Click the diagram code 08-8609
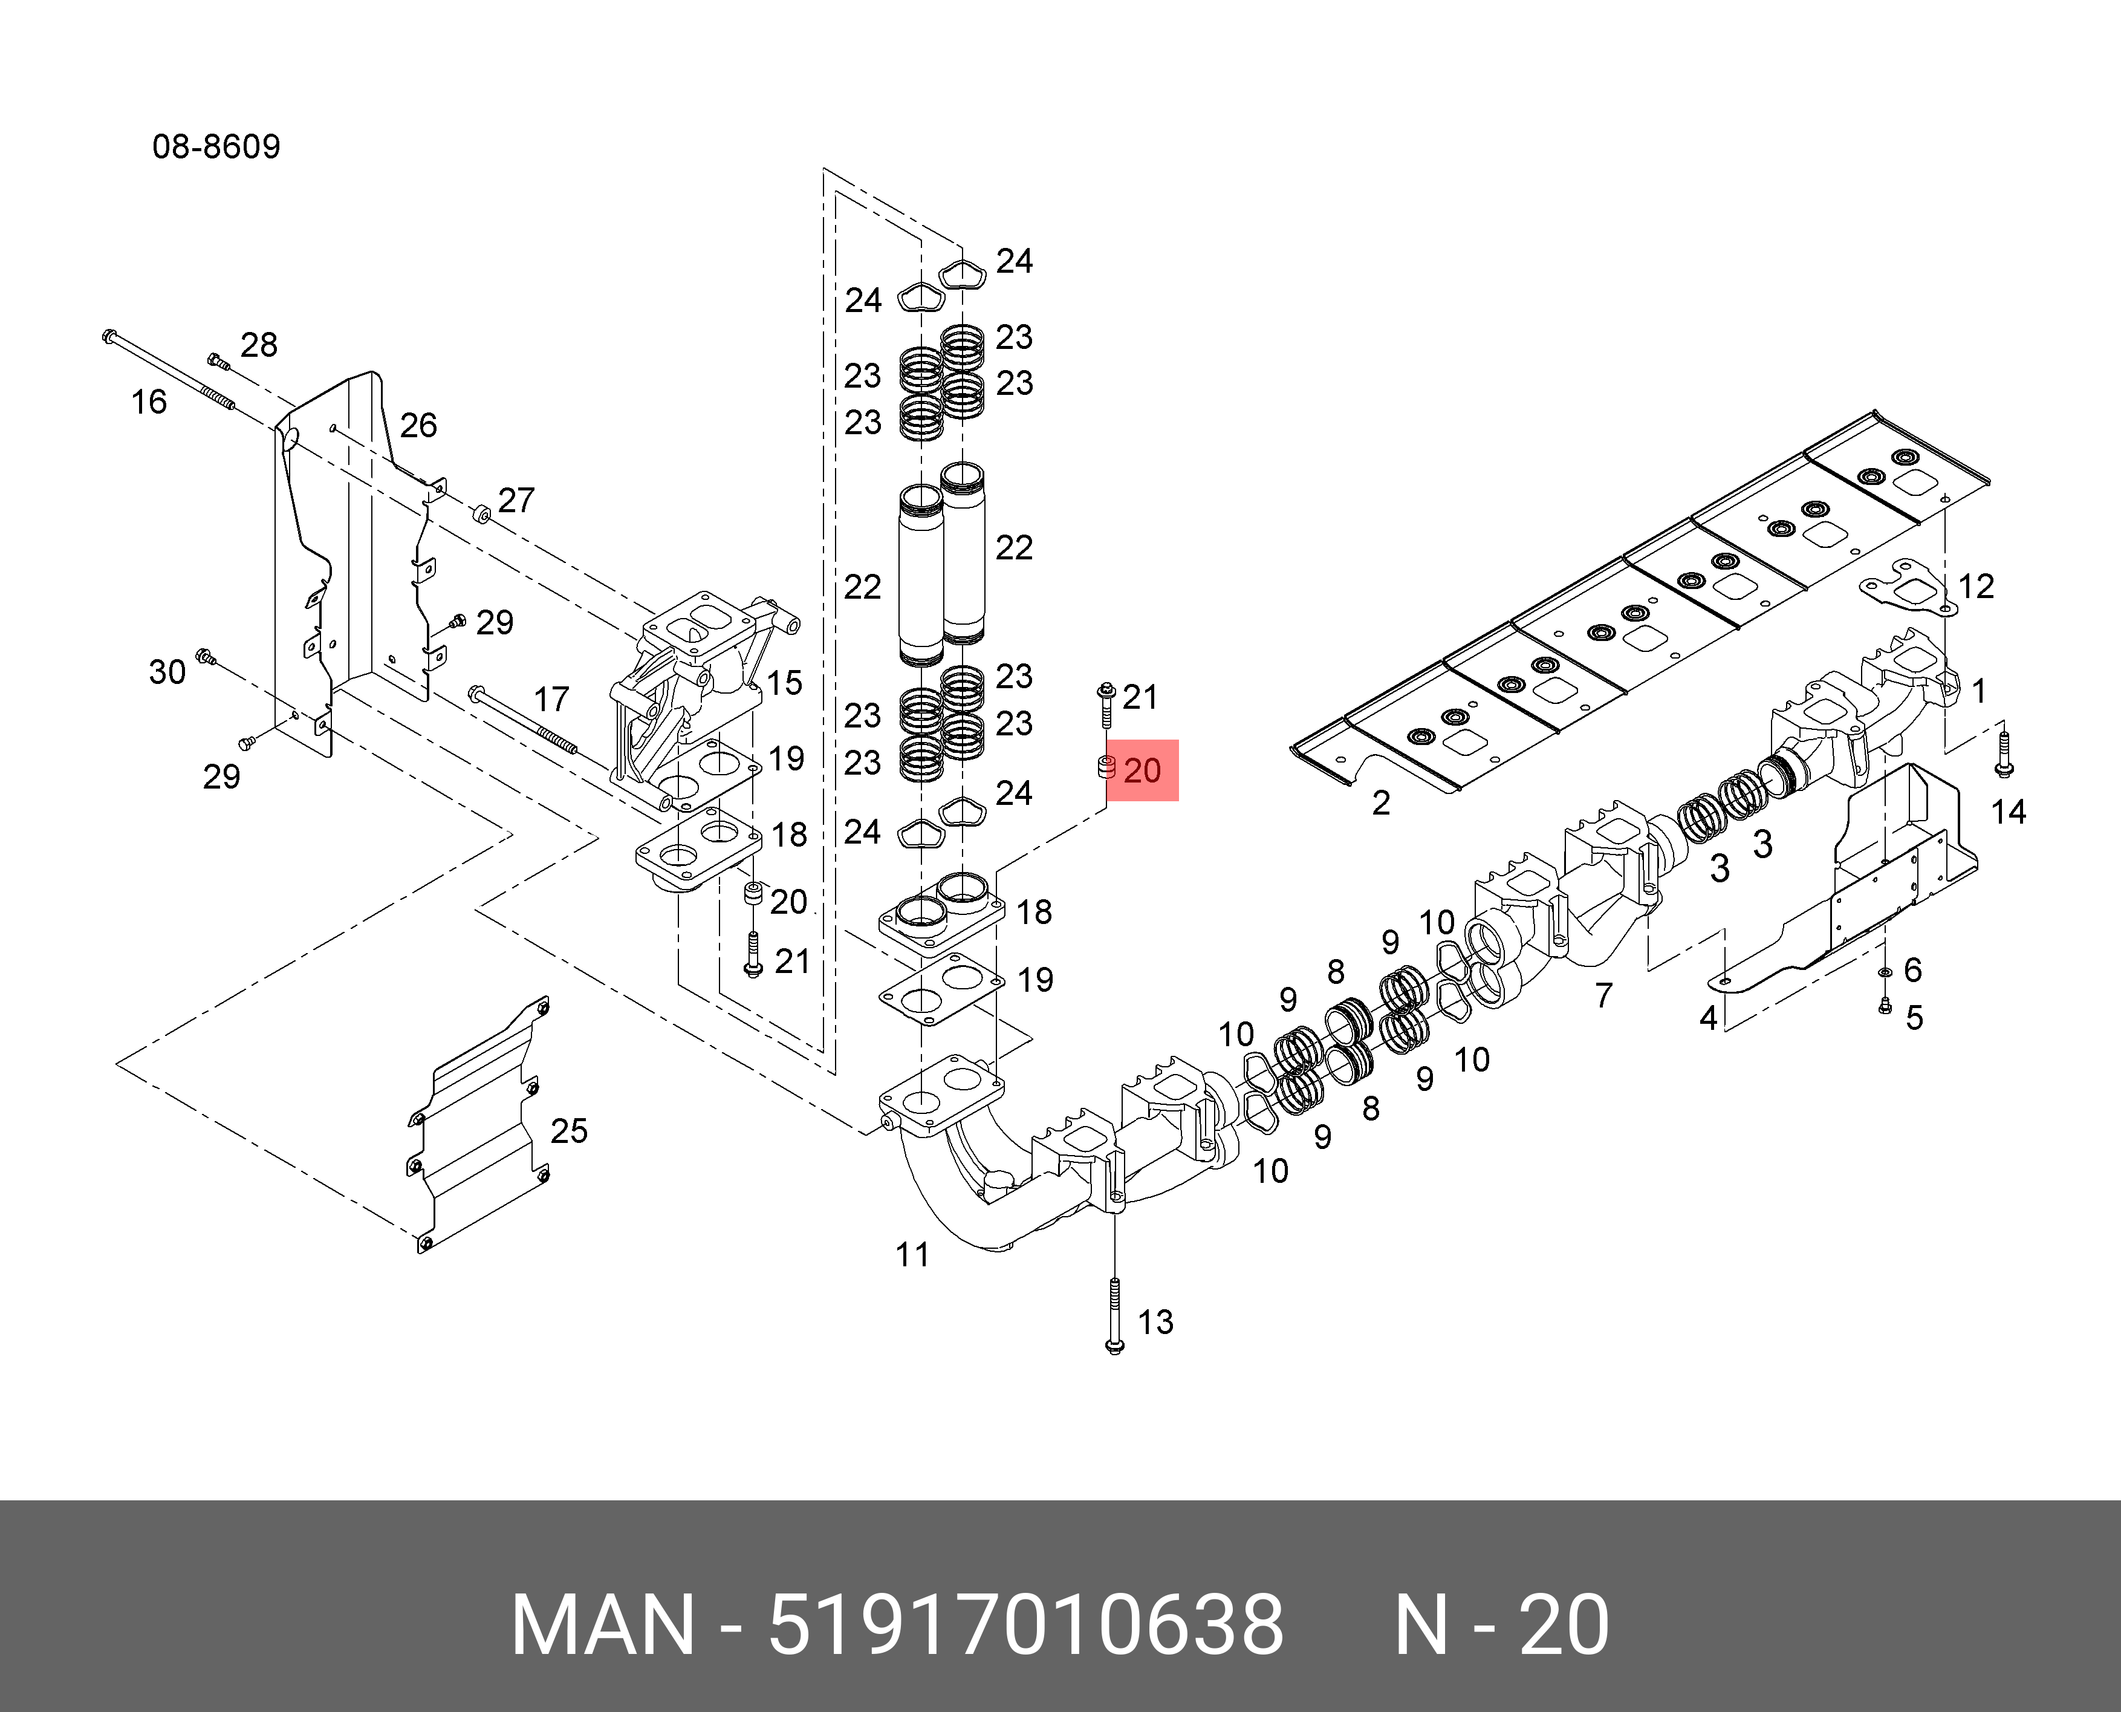216,147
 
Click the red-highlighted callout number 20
1143,770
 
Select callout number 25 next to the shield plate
569,1131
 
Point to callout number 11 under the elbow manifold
912,1255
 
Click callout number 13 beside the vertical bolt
1155,1323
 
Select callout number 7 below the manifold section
1604,996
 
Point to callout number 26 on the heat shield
418,426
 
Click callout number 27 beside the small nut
516,501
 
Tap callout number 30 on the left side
167,672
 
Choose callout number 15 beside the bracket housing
785,683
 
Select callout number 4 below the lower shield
1709,1018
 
